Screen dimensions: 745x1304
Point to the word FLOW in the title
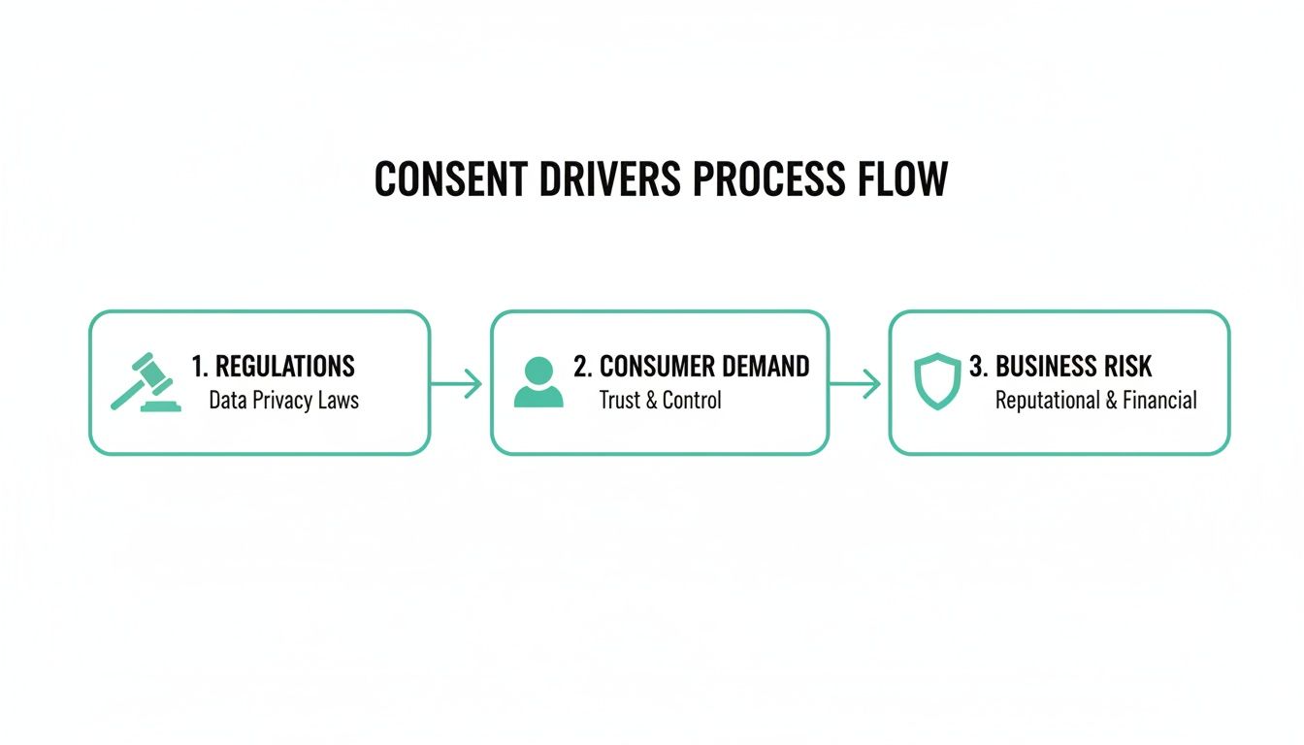[903, 180]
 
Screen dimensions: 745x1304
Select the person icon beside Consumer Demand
[538, 382]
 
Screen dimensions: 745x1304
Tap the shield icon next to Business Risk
[936, 382]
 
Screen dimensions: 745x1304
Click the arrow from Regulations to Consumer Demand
[456, 384]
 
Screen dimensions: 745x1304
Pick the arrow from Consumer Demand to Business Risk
[856, 384]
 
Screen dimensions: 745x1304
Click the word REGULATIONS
[284, 367]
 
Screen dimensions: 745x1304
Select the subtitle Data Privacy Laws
[283, 400]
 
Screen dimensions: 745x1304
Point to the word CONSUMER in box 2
[656, 367]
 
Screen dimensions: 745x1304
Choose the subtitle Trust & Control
[660, 400]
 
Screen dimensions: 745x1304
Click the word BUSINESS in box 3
[1043, 367]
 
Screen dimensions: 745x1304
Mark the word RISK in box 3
[1126, 367]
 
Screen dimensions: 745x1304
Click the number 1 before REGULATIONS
[198, 367]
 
